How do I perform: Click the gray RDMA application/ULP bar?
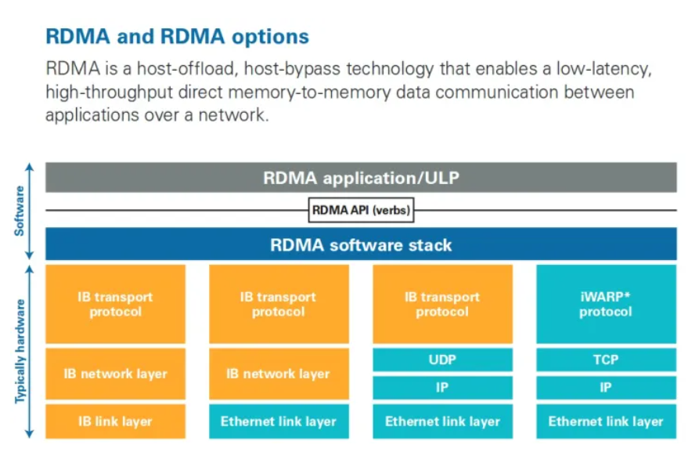[x=361, y=178]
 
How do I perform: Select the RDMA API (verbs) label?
[x=361, y=210]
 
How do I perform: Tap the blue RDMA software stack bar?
[x=361, y=244]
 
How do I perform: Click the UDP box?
[x=442, y=360]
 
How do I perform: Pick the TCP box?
[x=605, y=360]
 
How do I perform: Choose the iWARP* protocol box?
[x=605, y=304]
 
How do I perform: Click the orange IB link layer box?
[x=116, y=421]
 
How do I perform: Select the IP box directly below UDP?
[x=442, y=388]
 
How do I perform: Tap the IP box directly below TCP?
[x=605, y=388]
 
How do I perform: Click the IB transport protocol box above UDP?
[x=442, y=304]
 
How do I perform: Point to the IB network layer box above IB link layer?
[x=116, y=374]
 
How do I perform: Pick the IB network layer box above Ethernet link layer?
[x=279, y=374]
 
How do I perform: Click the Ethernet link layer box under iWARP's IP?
[x=605, y=421]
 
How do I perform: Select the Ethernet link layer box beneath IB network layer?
[x=279, y=421]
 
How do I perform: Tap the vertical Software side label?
[x=20, y=211]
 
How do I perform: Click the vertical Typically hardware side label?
[x=20, y=351]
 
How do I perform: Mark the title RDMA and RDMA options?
[x=177, y=37]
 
